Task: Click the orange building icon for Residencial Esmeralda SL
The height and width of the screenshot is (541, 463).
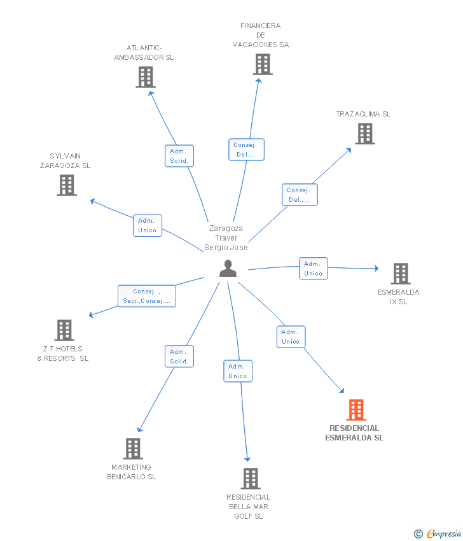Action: [x=356, y=409]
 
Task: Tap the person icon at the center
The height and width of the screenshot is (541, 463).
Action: [x=228, y=269]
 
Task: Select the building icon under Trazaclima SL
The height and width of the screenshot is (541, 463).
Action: [x=365, y=134]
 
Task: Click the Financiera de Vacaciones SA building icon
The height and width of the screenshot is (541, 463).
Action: [x=263, y=64]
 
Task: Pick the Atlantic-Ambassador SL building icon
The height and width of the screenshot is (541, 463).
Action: [x=146, y=77]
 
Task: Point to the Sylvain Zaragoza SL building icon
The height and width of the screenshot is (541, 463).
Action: [x=67, y=185]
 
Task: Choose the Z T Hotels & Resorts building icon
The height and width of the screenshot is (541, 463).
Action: [x=64, y=330]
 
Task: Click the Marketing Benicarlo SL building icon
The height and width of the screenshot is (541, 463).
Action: [x=133, y=449]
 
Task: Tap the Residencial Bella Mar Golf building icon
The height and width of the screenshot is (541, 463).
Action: [x=251, y=479]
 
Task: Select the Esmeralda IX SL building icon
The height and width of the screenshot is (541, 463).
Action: [x=401, y=274]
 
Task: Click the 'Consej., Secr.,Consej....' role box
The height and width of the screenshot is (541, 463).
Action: [x=147, y=296]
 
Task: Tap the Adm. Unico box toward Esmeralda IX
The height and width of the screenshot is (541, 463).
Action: [x=314, y=269]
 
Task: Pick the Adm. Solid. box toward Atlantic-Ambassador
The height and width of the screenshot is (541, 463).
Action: [x=179, y=156]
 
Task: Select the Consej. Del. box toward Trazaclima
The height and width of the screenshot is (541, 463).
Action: [x=300, y=195]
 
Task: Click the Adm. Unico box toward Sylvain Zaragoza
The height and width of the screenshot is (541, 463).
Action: [x=148, y=226]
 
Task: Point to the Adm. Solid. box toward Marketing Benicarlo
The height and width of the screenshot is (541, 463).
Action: [x=179, y=356]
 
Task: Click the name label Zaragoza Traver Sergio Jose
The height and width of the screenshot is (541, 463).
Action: [x=226, y=238]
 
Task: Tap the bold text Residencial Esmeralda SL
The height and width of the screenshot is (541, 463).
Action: [x=354, y=433]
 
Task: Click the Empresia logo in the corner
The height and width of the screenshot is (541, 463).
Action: [x=438, y=534]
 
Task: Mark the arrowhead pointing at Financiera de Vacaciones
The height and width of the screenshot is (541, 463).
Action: [x=259, y=81]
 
